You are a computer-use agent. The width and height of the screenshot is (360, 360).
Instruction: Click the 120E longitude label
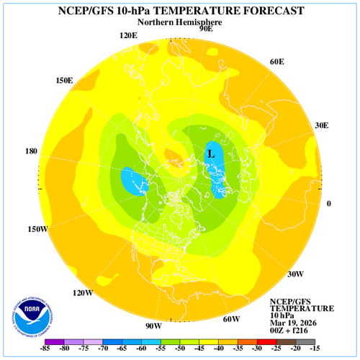(x=129, y=36)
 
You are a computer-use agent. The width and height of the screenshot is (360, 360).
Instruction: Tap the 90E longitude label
(x=205, y=30)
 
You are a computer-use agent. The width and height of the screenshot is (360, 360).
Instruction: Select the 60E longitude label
(x=277, y=62)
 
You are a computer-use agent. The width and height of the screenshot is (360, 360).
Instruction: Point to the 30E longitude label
(x=320, y=125)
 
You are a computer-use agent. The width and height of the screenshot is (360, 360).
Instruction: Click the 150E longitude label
(x=64, y=80)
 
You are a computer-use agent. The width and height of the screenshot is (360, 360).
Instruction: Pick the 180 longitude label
(x=31, y=151)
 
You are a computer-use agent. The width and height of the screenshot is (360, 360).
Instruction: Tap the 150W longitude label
(x=37, y=229)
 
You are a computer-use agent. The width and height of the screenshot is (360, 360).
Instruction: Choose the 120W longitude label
(x=83, y=293)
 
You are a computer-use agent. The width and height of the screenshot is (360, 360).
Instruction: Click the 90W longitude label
(x=153, y=326)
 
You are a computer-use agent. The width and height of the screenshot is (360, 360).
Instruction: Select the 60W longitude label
(x=231, y=319)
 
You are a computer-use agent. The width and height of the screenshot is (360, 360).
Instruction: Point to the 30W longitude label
(x=295, y=274)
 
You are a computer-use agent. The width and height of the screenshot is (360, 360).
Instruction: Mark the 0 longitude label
(x=329, y=204)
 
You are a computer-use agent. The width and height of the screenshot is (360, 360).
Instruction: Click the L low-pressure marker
(x=210, y=153)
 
